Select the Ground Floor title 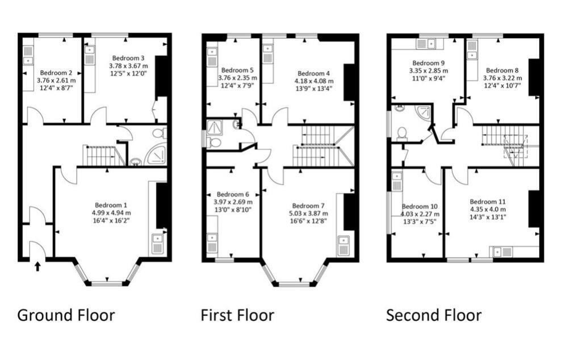click(66, 315)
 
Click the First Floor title click(237, 315)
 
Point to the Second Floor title click(434, 315)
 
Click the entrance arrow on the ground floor click(37, 266)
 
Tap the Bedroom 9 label click(429, 63)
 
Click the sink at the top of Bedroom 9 click(425, 44)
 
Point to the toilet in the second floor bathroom click(402, 132)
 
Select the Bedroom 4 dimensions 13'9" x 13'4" click(313, 89)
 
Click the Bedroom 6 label click(233, 194)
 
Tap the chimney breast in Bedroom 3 click(161, 76)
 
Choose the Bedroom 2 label click(56, 73)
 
